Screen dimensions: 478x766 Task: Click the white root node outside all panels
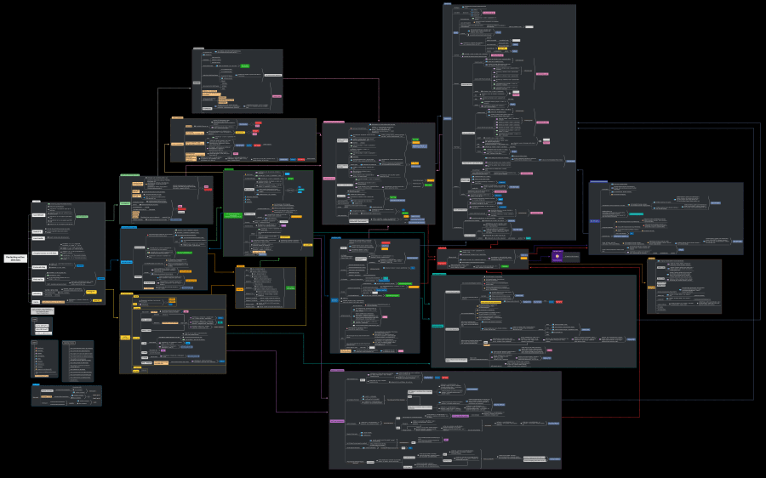pos(14,258)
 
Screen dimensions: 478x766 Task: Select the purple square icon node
pos(557,255)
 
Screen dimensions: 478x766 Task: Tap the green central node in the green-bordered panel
pos(233,215)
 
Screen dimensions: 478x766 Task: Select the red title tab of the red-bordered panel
pos(443,248)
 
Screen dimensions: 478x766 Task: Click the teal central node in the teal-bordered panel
pos(437,326)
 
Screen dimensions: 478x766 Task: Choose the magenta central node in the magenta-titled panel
pos(337,421)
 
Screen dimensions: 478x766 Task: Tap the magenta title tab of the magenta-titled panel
pos(337,371)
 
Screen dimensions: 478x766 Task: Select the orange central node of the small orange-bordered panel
pos(239,287)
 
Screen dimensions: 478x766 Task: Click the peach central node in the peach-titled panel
pos(178,144)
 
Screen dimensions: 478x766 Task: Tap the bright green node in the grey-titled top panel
pos(244,65)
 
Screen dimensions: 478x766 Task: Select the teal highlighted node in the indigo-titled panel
pos(635,213)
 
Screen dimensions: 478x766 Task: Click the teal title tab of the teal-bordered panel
pos(439,275)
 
